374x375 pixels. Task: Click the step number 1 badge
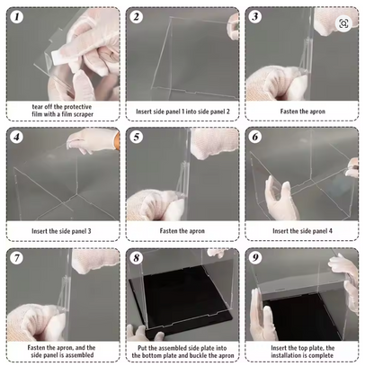click(x=17, y=16)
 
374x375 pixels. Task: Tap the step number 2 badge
click(x=136, y=16)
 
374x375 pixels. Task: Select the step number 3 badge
click(x=255, y=16)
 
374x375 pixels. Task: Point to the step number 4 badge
click(x=17, y=137)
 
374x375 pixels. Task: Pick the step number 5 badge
click(x=137, y=137)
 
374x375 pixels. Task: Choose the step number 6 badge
click(x=255, y=137)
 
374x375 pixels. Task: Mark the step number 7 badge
click(x=16, y=258)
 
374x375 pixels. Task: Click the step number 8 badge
click(x=137, y=258)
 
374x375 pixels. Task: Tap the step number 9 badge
click(x=255, y=257)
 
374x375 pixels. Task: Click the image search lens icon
click(x=343, y=23)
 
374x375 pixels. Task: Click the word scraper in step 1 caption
click(x=84, y=114)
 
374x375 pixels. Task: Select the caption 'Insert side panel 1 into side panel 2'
click(x=183, y=112)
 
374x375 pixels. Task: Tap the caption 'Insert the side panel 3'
click(x=61, y=231)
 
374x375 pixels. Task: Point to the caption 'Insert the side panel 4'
click(x=302, y=231)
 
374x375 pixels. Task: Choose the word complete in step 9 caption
click(x=322, y=355)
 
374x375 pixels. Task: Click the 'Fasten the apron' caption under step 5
click(x=183, y=231)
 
